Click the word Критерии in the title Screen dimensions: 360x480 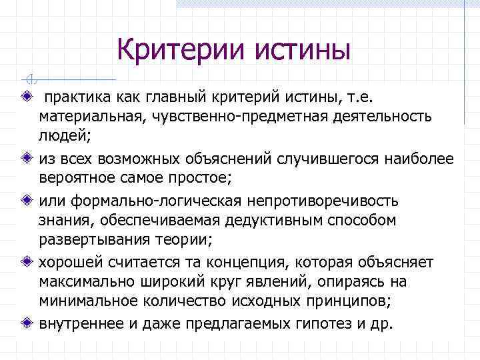click(x=174, y=50)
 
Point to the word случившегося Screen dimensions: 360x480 click(x=307, y=159)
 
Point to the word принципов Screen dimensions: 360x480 click(x=351, y=302)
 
